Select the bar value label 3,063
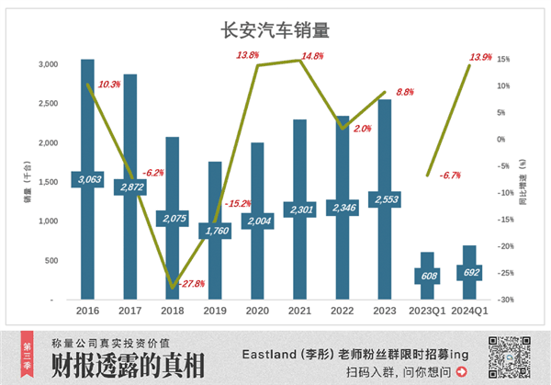[x=87, y=178]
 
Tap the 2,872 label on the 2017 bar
[x=130, y=187]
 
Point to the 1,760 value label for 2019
[x=215, y=230]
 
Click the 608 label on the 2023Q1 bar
[x=427, y=275]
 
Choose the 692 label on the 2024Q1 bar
[x=469, y=272]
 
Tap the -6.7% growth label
[x=451, y=176]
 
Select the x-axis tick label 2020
[x=257, y=312]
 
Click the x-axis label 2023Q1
[x=426, y=312]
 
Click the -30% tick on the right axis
[x=504, y=300]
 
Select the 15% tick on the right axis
[x=503, y=60]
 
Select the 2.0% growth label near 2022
[x=361, y=130]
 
